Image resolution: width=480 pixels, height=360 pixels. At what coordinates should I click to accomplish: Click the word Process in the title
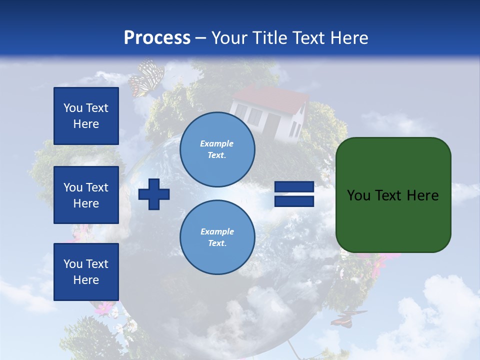tap(157, 38)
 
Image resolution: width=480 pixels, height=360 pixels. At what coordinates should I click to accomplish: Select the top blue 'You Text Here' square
tap(86, 116)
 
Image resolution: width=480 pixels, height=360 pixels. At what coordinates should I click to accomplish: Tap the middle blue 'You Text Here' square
tap(86, 195)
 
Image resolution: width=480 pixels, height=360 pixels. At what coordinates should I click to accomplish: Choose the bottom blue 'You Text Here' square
tap(86, 272)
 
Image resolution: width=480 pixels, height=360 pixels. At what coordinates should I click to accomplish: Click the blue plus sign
tap(154, 194)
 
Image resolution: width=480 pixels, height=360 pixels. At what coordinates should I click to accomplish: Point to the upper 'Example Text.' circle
tap(217, 149)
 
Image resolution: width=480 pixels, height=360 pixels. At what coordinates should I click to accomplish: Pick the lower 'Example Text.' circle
tap(217, 237)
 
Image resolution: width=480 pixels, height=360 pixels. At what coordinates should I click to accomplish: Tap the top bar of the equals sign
tap(294, 187)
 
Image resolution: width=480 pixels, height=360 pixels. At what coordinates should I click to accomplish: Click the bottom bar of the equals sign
tap(294, 201)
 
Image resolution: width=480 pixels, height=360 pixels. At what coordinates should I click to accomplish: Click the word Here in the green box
tap(423, 195)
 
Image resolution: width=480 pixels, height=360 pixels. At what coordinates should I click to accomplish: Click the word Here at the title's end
tap(350, 38)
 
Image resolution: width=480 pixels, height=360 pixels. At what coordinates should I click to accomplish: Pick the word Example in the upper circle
tap(217, 143)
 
